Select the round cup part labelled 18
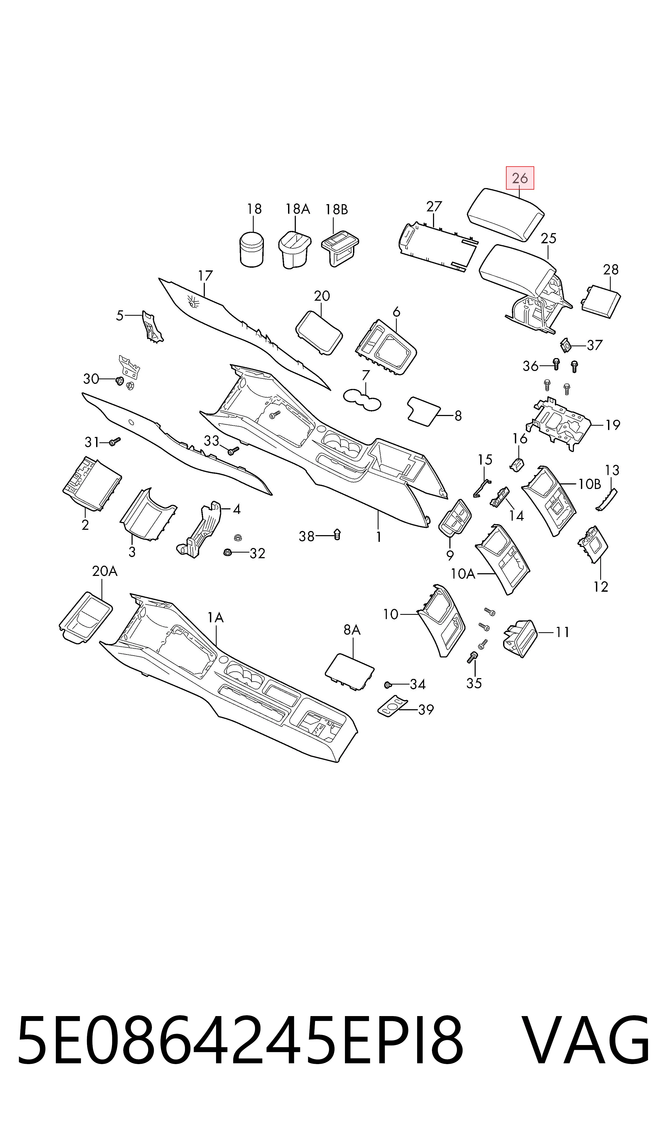coord(252,249)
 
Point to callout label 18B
coord(337,209)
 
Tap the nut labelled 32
coord(228,552)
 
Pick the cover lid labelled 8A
coord(350,672)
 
